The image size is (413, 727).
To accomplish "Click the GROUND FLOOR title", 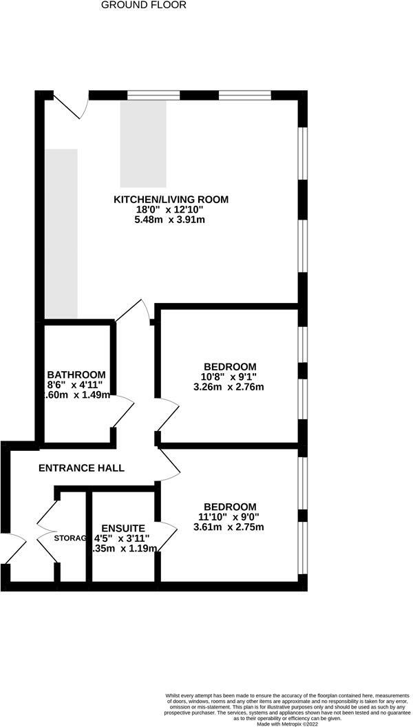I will tap(143, 5).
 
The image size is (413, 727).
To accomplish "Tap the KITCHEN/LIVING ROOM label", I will tap(171, 200).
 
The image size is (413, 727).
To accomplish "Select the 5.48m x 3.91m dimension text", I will tap(170, 220).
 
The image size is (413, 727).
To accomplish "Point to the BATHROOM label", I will tap(76, 375).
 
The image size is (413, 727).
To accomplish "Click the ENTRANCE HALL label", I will tap(81, 468).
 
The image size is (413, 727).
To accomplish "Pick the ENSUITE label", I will tap(123, 528).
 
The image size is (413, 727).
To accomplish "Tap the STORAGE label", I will tap(70, 538).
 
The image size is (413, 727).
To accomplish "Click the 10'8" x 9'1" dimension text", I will tap(230, 377).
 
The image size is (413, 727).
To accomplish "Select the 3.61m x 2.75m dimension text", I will tap(229, 527).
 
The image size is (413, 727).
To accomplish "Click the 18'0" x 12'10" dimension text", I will tap(171, 210).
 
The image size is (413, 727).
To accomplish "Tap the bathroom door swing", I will tap(123, 411).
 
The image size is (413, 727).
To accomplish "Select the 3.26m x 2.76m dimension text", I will tap(229, 387).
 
